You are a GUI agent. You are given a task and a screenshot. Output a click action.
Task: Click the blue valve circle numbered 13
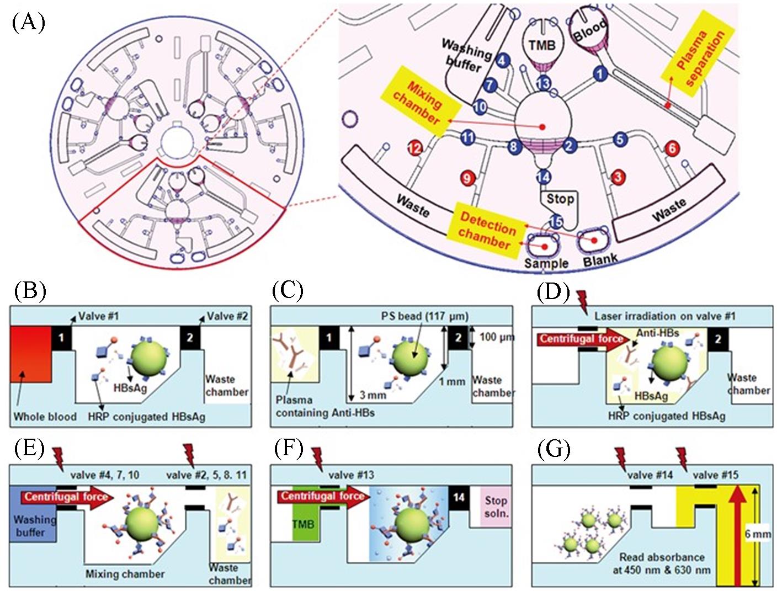544,83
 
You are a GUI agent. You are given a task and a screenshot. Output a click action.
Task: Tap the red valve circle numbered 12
414,148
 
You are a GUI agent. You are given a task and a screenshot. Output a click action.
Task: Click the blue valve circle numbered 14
544,177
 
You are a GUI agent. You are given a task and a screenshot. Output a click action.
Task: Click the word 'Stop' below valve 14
560,198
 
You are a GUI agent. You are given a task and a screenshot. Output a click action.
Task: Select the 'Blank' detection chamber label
600,259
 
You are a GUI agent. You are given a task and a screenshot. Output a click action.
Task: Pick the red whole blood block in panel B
31,354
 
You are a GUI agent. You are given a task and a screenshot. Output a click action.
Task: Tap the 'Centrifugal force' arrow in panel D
582,339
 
